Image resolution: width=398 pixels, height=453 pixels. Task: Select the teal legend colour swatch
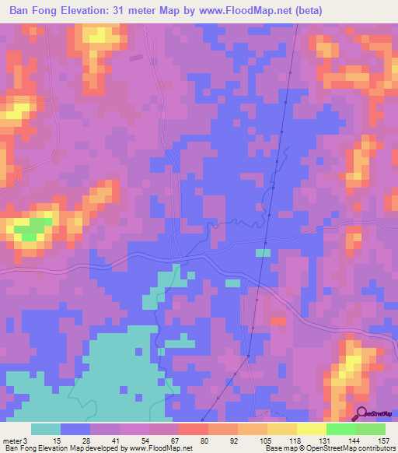[46, 429]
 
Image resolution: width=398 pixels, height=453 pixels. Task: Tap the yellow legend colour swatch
[311, 429]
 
